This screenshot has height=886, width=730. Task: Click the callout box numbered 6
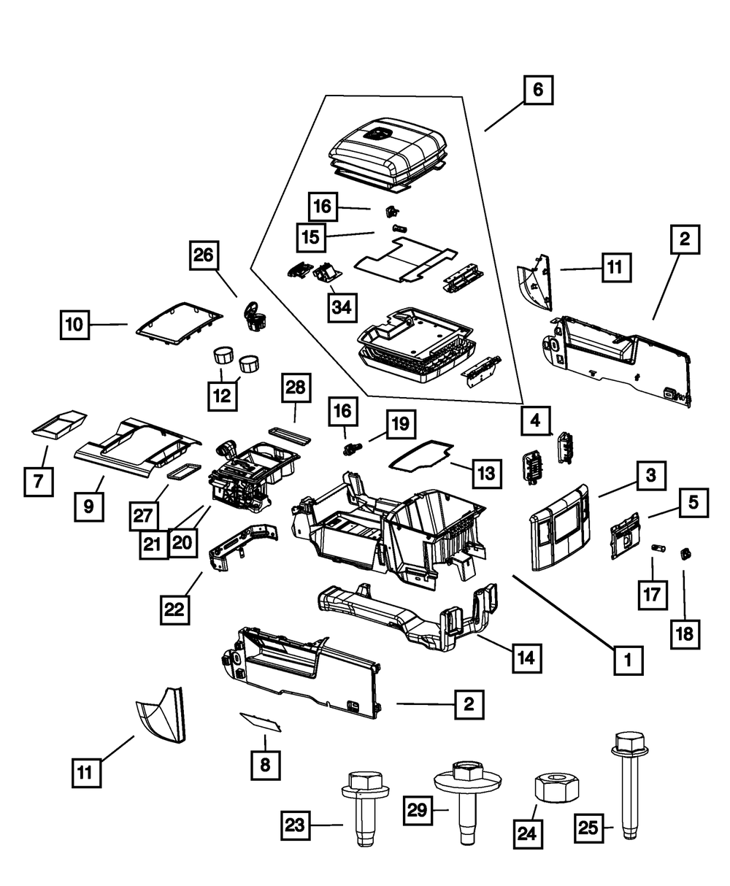coord(538,91)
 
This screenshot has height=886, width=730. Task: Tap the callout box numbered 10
coord(75,324)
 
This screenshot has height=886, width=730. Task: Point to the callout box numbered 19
coord(401,424)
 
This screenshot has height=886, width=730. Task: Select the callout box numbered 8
coord(265,765)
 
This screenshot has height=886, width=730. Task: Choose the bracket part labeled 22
coord(242,544)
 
